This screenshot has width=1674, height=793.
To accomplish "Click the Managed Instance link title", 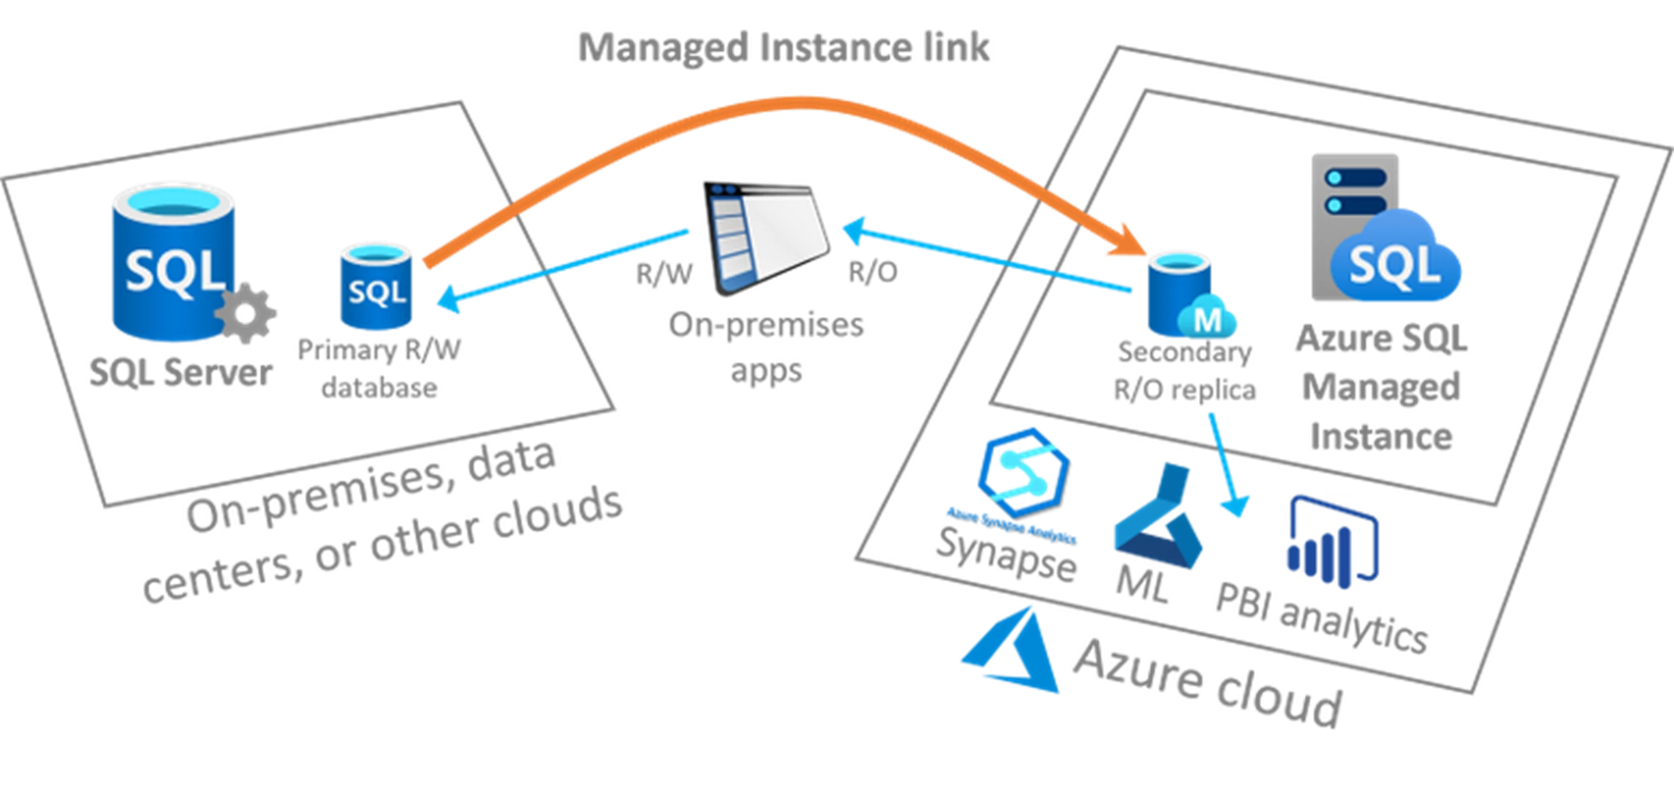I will pyautogui.click(x=785, y=47).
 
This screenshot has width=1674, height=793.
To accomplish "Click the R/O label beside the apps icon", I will pyautogui.click(x=871, y=273).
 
